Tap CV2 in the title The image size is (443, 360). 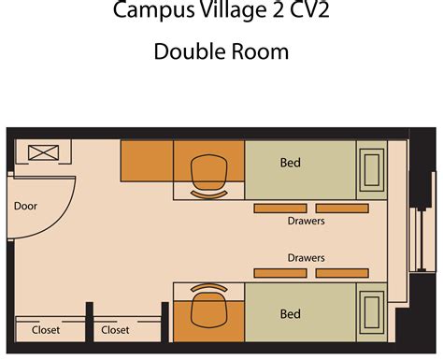click(x=310, y=11)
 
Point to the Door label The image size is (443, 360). click(x=25, y=205)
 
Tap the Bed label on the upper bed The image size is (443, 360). click(x=291, y=163)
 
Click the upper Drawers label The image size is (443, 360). click(x=306, y=223)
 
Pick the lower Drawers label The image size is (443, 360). click(x=306, y=255)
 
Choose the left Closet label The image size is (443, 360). click(x=47, y=329)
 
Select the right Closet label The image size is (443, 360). click(x=115, y=329)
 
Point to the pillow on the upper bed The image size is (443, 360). click(x=371, y=171)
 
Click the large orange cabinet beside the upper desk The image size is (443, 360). click(x=146, y=162)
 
